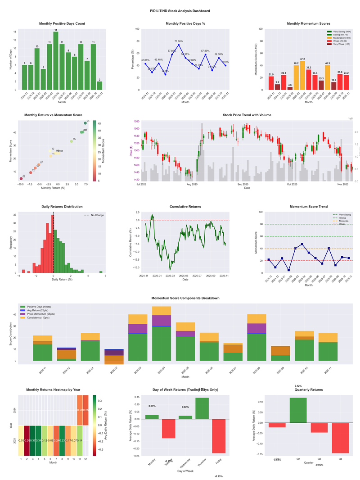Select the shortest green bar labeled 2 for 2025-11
tap(99, 86)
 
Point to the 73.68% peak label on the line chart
tap(179, 41)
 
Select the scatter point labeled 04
tap(85, 123)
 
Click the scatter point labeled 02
tap(21, 179)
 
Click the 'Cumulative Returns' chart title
tap(185, 207)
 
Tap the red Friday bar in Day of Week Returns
tap(218, 436)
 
